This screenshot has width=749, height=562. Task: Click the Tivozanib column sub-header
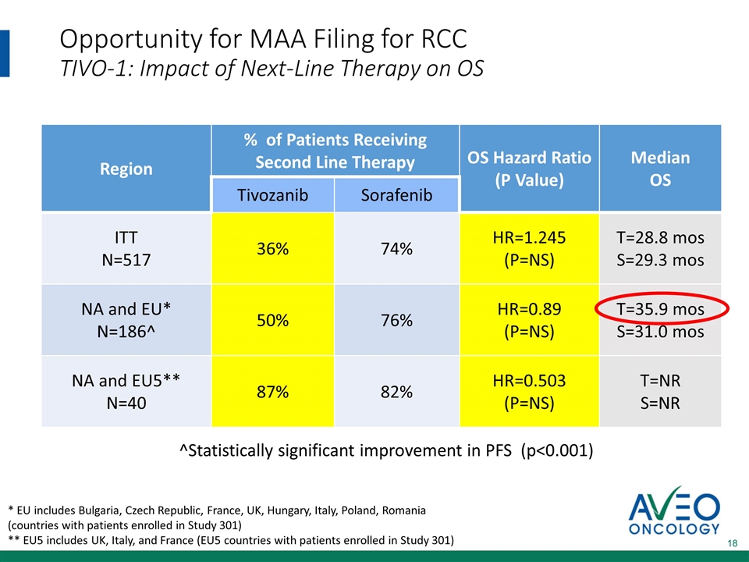click(273, 194)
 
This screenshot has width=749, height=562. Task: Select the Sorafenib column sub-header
click(396, 194)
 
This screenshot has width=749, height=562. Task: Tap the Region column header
click(126, 169)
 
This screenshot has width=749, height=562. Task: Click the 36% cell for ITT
click(273, 249)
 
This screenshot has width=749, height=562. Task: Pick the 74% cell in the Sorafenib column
click(396, 249)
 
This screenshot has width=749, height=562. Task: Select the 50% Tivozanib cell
click(273, 321)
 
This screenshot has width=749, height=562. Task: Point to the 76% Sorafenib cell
click(396, 321)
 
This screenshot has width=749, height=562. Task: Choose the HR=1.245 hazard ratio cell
click(529, 249)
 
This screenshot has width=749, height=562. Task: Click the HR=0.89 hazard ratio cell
click(529, 321)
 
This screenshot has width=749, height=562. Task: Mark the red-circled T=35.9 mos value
click(660, 309)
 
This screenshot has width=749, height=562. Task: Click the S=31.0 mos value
click(660, 332)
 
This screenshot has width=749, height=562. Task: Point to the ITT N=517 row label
click(126, 249)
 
